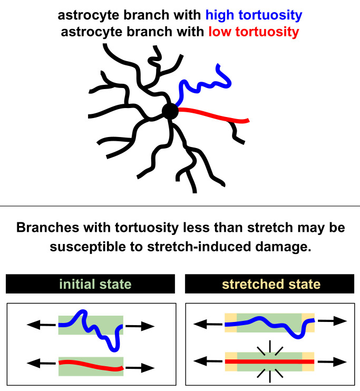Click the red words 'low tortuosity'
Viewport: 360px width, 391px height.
coord(252,32)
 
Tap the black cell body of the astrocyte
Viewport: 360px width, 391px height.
coord(170,111)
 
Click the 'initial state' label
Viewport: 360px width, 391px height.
coord(90,285)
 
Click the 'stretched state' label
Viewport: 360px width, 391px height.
coord(270,285)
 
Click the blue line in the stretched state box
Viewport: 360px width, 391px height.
coord(269,321)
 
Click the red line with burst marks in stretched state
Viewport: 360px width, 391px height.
coord(269,361)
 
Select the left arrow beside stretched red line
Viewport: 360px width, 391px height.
coord(207,361)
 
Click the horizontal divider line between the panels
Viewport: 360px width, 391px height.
coord(180,206)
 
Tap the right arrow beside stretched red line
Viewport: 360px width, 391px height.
coord(332,361)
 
